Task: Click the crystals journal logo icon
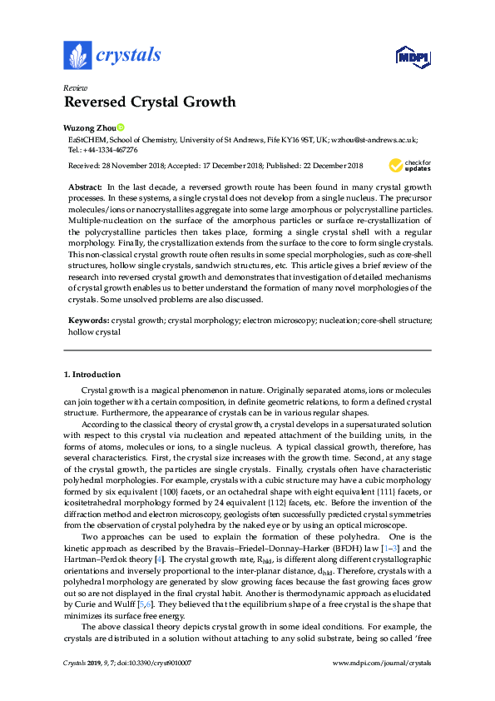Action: click(x=77, y=56)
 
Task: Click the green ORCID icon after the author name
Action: click(x=120, y=127)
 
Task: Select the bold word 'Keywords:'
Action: click(x=88, y=320)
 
